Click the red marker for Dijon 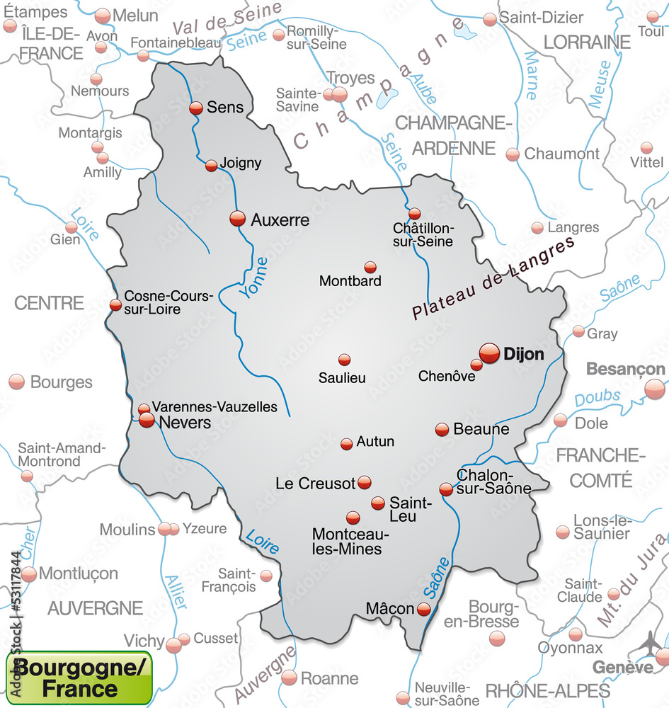tap(489, 353)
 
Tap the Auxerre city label tap(280, 220)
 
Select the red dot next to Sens tap(196, 108)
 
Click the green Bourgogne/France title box tap(79, 678)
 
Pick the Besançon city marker tap(655, 389)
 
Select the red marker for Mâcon tap(423, 608)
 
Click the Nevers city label tap(185, 423)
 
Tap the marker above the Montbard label tap(370, 267)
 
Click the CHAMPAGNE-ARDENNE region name tap(453, 135)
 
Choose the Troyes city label tap(350, 78)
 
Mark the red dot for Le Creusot tap(364, 482)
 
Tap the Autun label tap(375, 441)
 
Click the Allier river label tap(176, 591)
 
